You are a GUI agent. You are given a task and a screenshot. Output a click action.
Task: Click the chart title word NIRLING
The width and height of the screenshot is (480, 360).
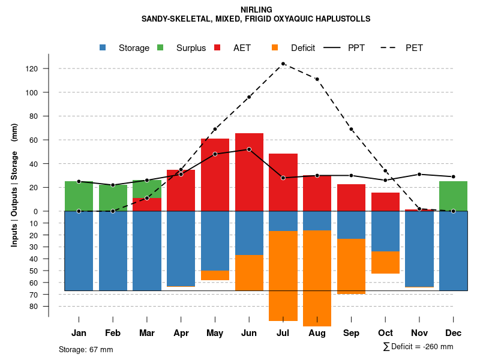(256, 10)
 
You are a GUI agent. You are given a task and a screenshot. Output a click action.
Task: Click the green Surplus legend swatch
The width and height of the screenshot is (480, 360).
(160, 48)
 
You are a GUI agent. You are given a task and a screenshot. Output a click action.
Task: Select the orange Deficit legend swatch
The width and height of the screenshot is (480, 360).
(275, 48)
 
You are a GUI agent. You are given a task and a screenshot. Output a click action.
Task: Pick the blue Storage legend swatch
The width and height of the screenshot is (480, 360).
(103, 48)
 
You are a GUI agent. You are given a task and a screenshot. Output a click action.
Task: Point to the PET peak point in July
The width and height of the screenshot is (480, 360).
(283, 64)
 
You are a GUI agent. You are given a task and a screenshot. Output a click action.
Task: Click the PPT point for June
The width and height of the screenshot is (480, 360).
(249, 149)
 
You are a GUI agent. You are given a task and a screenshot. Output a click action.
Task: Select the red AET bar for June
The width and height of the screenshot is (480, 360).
(249, 174)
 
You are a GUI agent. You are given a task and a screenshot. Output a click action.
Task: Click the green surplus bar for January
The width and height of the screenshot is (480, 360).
(79, 196)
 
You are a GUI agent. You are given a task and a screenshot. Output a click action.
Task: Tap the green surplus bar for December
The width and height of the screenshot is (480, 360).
(453, 196)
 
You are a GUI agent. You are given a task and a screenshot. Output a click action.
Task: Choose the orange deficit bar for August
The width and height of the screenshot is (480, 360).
(317, 278)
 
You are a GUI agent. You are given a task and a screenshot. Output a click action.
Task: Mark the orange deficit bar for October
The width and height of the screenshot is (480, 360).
(385, 262)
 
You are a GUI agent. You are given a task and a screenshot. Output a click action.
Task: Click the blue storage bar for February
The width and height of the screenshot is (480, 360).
(113, 251)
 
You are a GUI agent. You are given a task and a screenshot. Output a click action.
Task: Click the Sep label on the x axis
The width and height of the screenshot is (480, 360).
(351, 333)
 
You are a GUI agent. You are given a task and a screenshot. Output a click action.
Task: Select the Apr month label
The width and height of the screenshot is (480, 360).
(181, 333)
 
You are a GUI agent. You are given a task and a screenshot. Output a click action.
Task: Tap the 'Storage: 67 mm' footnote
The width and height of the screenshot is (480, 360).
(86, 349)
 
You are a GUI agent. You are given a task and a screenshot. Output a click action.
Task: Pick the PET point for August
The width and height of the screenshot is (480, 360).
(317, 79)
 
